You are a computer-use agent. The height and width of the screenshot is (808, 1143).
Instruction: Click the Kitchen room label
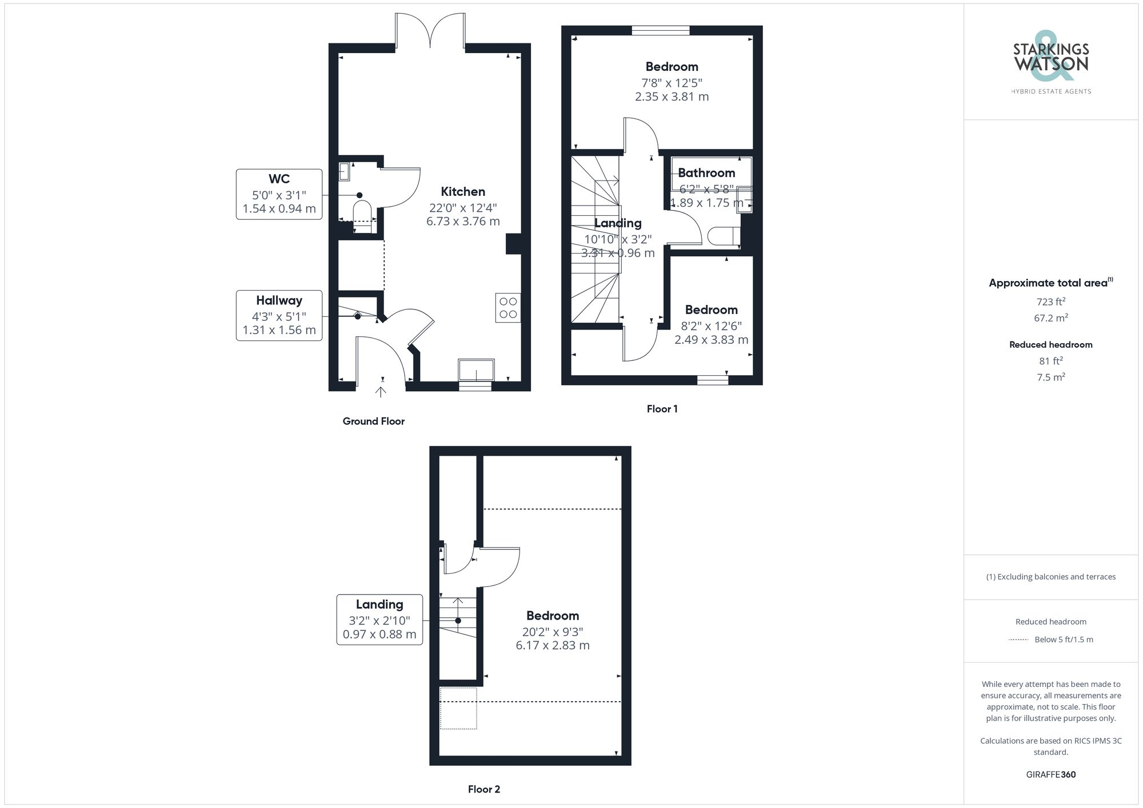click(x=463, y=192)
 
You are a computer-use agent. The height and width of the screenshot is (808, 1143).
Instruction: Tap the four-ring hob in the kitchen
click(x=508, y=308)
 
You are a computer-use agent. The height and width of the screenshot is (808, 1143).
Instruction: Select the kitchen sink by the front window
click(x=476, y=369)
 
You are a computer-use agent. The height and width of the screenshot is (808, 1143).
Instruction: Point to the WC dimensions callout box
click(x=279, y=194)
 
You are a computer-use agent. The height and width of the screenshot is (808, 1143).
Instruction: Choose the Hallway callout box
click(x=279, y=316)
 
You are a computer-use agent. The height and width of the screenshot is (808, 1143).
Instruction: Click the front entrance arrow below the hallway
click(x=381, y=391)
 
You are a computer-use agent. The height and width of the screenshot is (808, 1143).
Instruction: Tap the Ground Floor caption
click(x=373, y=421)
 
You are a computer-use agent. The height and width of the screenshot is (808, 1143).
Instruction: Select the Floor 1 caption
click(x=662, y=409)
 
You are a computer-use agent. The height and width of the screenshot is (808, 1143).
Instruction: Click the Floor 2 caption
click(x=483, y=789)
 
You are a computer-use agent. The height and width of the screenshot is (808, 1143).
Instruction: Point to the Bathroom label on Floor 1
click(x=706, y=173)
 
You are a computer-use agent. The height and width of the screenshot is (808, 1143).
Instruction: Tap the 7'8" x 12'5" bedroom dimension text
click(x=672, y=83)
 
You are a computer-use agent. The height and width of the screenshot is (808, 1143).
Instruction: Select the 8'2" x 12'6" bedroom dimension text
click(x=711, y=326)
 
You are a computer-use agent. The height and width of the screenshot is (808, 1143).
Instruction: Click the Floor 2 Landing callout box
click(x=379, y=620)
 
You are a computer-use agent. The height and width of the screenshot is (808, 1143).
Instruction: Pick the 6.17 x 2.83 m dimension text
click(x=552, y=645)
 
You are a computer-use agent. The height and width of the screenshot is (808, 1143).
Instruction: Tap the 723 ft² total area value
click(x=1050, y=302)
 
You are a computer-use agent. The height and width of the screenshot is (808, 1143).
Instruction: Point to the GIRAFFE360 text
click(x=1050, y=775)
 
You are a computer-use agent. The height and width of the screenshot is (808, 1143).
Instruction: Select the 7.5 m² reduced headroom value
click(x=1050, y=377)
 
